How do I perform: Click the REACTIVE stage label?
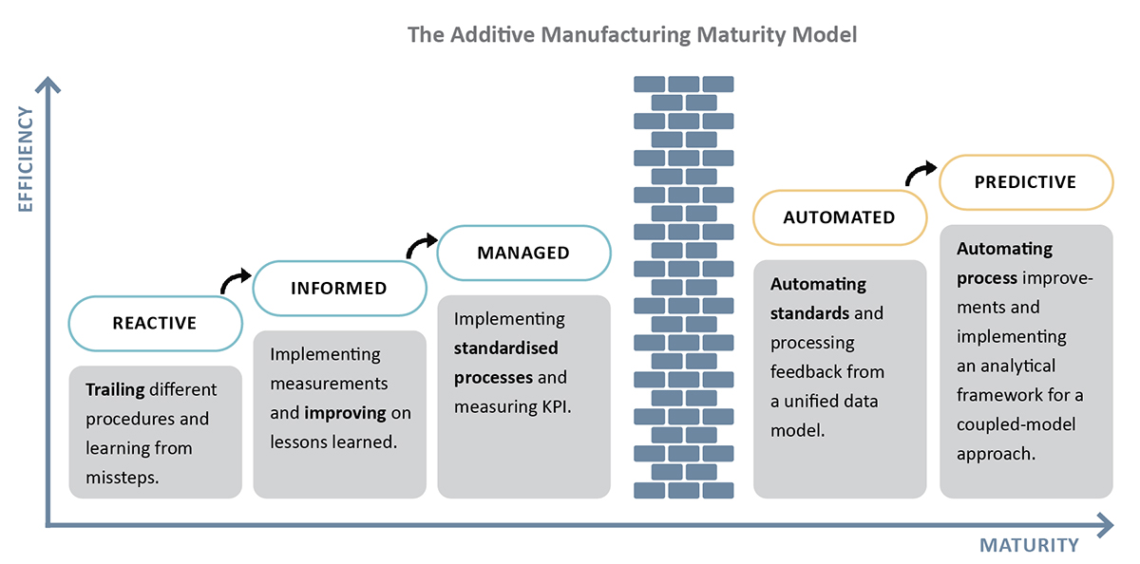(x=155, y=324)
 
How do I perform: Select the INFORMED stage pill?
(x=339, y=289)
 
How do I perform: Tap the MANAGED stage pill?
(x=523, y=253)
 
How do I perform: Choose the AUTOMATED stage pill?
(x=840, y=217)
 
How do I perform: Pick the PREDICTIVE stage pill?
(x=1026, y=182)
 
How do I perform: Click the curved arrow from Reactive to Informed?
(x=233, y=280)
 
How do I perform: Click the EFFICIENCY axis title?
(x=26, y=160)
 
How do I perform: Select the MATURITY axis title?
(x=1029, y=546)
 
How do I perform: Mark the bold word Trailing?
(x=115, y=390)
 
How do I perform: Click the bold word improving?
(x=345, y=413)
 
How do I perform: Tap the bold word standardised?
(x=505, y=348)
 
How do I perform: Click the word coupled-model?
(x=1016, y=424)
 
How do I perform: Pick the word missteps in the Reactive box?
(x=123, y=478)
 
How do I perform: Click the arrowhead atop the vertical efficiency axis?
(x=47, y=85)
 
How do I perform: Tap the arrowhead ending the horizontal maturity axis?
(x=1106, y=525)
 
